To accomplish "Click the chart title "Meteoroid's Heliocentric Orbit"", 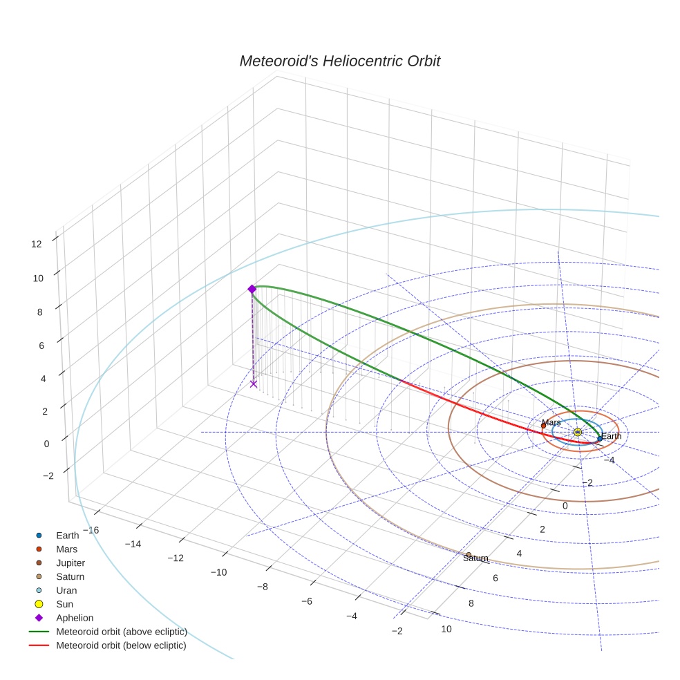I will [339, 61].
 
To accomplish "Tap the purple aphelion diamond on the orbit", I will [252, 289].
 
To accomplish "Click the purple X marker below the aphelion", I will [254, 384].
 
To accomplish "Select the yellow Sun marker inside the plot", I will [578, 432].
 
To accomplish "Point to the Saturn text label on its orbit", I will [475, 558].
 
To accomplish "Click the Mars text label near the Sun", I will [551, 422].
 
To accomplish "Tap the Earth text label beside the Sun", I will [611, 436].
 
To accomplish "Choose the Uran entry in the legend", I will [66, 590].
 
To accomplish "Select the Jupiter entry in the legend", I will [70, 563].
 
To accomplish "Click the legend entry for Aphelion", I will [75, 618].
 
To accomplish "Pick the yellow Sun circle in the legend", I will [39, 604].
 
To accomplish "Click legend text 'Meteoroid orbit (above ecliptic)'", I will [122, 632].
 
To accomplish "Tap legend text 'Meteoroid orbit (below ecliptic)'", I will [121, 645].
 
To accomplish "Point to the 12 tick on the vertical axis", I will [36, 243].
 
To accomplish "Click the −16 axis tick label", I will [90, 530].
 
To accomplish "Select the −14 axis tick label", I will [133, 544].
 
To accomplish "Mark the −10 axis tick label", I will [218, 572].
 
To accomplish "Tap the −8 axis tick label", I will [262, 587].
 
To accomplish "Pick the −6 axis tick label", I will [306, 601].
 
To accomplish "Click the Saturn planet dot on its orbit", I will [469, 555].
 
